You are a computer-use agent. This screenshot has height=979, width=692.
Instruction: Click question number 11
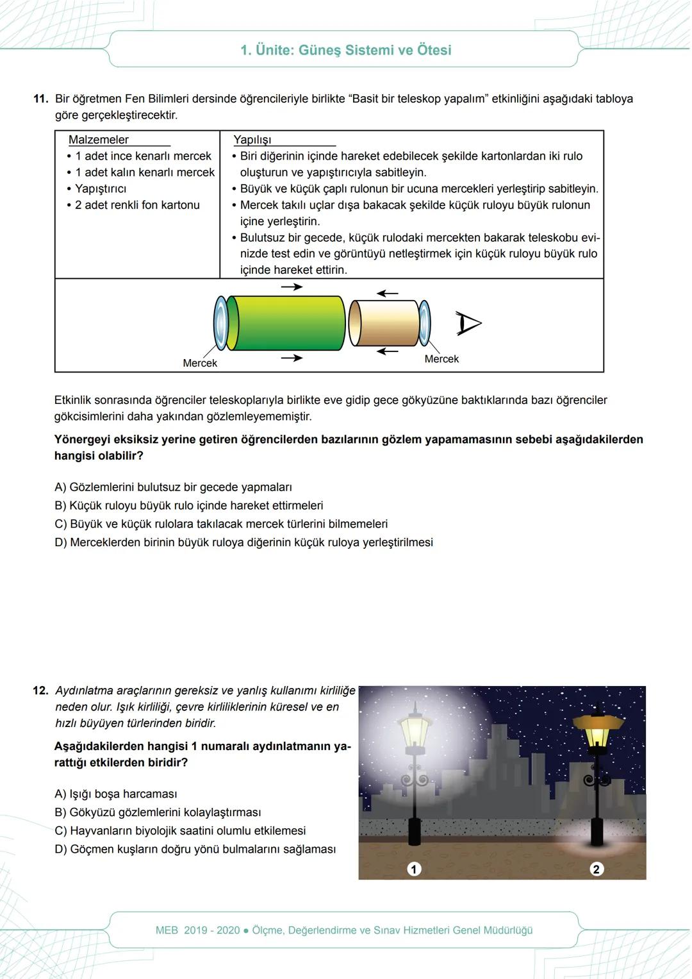pos(41,99)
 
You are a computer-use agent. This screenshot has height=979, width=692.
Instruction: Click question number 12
pos(41,690)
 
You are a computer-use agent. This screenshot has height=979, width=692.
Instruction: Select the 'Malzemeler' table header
pos(99,140)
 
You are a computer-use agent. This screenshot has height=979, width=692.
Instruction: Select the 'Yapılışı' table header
pos(252,140)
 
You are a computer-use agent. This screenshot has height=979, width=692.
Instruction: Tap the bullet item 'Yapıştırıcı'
pos(101,188)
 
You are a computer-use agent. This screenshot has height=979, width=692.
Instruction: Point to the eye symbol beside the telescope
pos(468,323)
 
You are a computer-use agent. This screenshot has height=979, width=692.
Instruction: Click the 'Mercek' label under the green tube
pos(200,363)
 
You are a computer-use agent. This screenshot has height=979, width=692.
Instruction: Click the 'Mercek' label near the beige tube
pos(441,359)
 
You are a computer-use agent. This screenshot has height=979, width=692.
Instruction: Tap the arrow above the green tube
pos(292,287)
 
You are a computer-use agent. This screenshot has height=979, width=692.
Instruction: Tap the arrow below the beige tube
pos(387,351)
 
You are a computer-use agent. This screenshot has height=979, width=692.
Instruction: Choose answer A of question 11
pos(173,487)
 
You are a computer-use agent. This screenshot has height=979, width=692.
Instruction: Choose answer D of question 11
pos(243,542)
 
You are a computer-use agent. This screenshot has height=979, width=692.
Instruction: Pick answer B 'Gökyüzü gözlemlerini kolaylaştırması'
pos(158,812)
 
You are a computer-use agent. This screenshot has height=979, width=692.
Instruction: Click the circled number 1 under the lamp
pos(414,869)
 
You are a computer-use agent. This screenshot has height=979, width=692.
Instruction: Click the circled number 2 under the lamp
pos(597,869)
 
